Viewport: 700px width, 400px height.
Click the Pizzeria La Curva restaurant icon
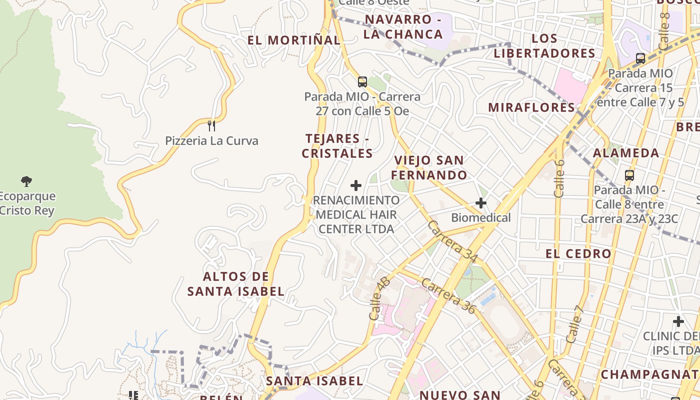point(211,125)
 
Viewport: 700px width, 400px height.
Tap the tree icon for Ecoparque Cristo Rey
point(26,181)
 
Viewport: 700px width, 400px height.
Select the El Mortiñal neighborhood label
point(293,40)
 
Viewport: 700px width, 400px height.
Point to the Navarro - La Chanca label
point(403,27)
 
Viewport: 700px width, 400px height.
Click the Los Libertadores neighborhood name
point(544,46)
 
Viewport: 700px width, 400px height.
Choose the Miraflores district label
point(531,107)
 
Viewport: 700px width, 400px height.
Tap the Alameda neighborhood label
point(626,153)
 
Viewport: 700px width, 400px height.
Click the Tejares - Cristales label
point(337,146)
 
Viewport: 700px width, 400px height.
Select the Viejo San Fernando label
point(429,167)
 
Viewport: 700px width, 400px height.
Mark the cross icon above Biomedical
point(481,203)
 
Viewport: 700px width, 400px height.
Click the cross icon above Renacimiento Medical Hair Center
point(356,185)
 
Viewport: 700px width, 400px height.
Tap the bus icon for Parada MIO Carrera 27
point(362,81)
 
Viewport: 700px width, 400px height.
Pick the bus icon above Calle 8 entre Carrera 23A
point(629,175)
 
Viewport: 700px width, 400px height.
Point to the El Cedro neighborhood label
point(578,254)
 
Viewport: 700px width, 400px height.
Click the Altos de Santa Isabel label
point(236,284)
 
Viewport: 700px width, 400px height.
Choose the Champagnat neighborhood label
point(649,374)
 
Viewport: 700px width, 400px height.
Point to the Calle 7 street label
point(575,323)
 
